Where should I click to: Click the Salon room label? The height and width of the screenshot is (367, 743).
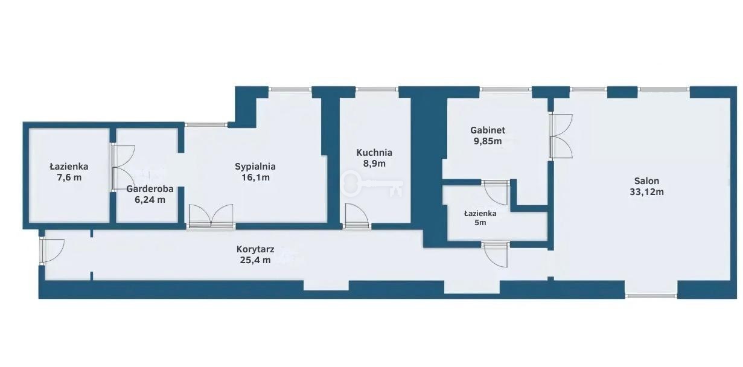click(646, 181)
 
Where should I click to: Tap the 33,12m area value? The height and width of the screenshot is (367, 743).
click(646, 192)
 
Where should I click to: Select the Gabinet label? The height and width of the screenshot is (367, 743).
click(488, 130)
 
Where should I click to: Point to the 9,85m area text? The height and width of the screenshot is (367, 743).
click(488, 141)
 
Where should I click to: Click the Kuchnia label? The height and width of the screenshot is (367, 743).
click(374, 153)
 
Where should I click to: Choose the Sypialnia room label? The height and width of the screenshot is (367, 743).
click(255, 167)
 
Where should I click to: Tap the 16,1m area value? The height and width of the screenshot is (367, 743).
click(255, 177)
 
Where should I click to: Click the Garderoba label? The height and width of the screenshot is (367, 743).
click(150, 189)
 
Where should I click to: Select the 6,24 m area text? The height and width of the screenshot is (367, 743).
click(150, 200)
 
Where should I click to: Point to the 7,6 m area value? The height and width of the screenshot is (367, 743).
click(69, 177)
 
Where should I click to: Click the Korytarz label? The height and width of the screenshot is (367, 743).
click(255, 249)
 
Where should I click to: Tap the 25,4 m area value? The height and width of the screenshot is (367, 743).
click(255, 260)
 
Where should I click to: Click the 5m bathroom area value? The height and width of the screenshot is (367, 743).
click(480, 223)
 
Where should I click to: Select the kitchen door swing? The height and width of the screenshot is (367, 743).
click(356, 215)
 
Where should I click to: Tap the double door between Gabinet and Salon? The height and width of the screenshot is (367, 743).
click(561, 136)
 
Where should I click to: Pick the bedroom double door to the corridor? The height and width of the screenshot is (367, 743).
click(211, 216)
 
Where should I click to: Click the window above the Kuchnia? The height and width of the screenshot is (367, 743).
click(377, 89)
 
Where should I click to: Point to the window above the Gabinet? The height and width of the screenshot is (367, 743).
click(506, 89)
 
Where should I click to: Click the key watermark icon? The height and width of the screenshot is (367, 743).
click(372, 183)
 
